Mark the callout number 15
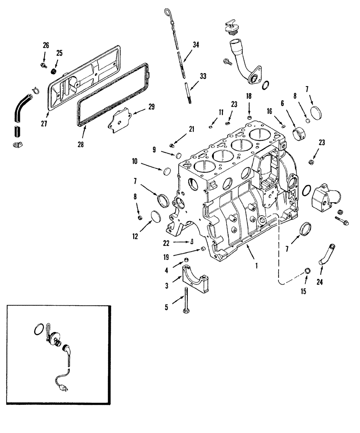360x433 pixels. pos(304,291)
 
